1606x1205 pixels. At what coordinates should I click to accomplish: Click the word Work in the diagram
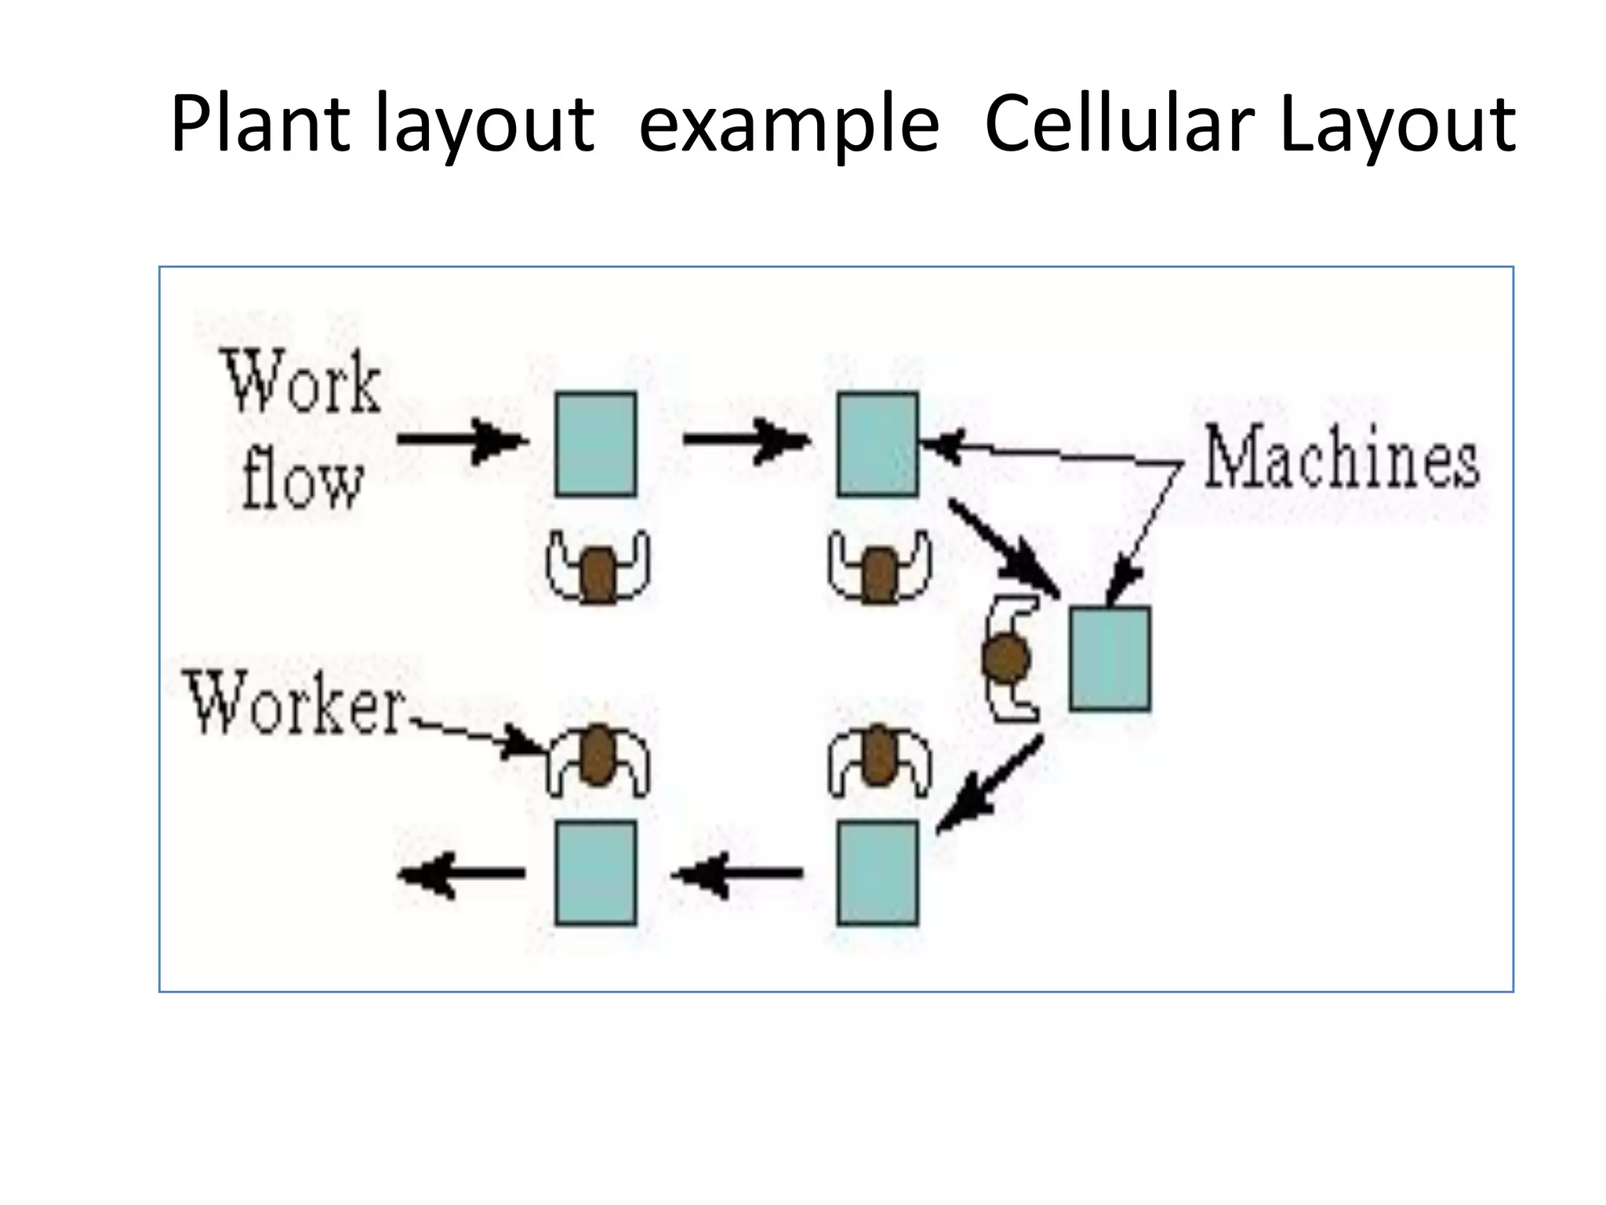click(x=303, y=384)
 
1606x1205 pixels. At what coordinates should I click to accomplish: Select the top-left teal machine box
click(x=596, y=444)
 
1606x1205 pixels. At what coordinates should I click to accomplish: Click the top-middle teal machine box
click(x=877, y=444)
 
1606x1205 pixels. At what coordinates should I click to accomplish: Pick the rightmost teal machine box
click(x=1110, y=658)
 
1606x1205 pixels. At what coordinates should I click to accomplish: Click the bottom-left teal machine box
click(x=596, y=873)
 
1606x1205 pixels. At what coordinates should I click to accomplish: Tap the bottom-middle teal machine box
click(x=877, y=873)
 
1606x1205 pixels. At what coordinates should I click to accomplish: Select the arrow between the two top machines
click(x=745, y=439)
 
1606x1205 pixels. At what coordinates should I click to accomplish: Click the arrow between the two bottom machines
click(x=737, y=872)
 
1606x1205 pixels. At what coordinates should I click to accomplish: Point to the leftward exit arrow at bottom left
click(x=463, y=872)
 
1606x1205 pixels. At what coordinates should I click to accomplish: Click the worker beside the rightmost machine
click(x=1009, y=658)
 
